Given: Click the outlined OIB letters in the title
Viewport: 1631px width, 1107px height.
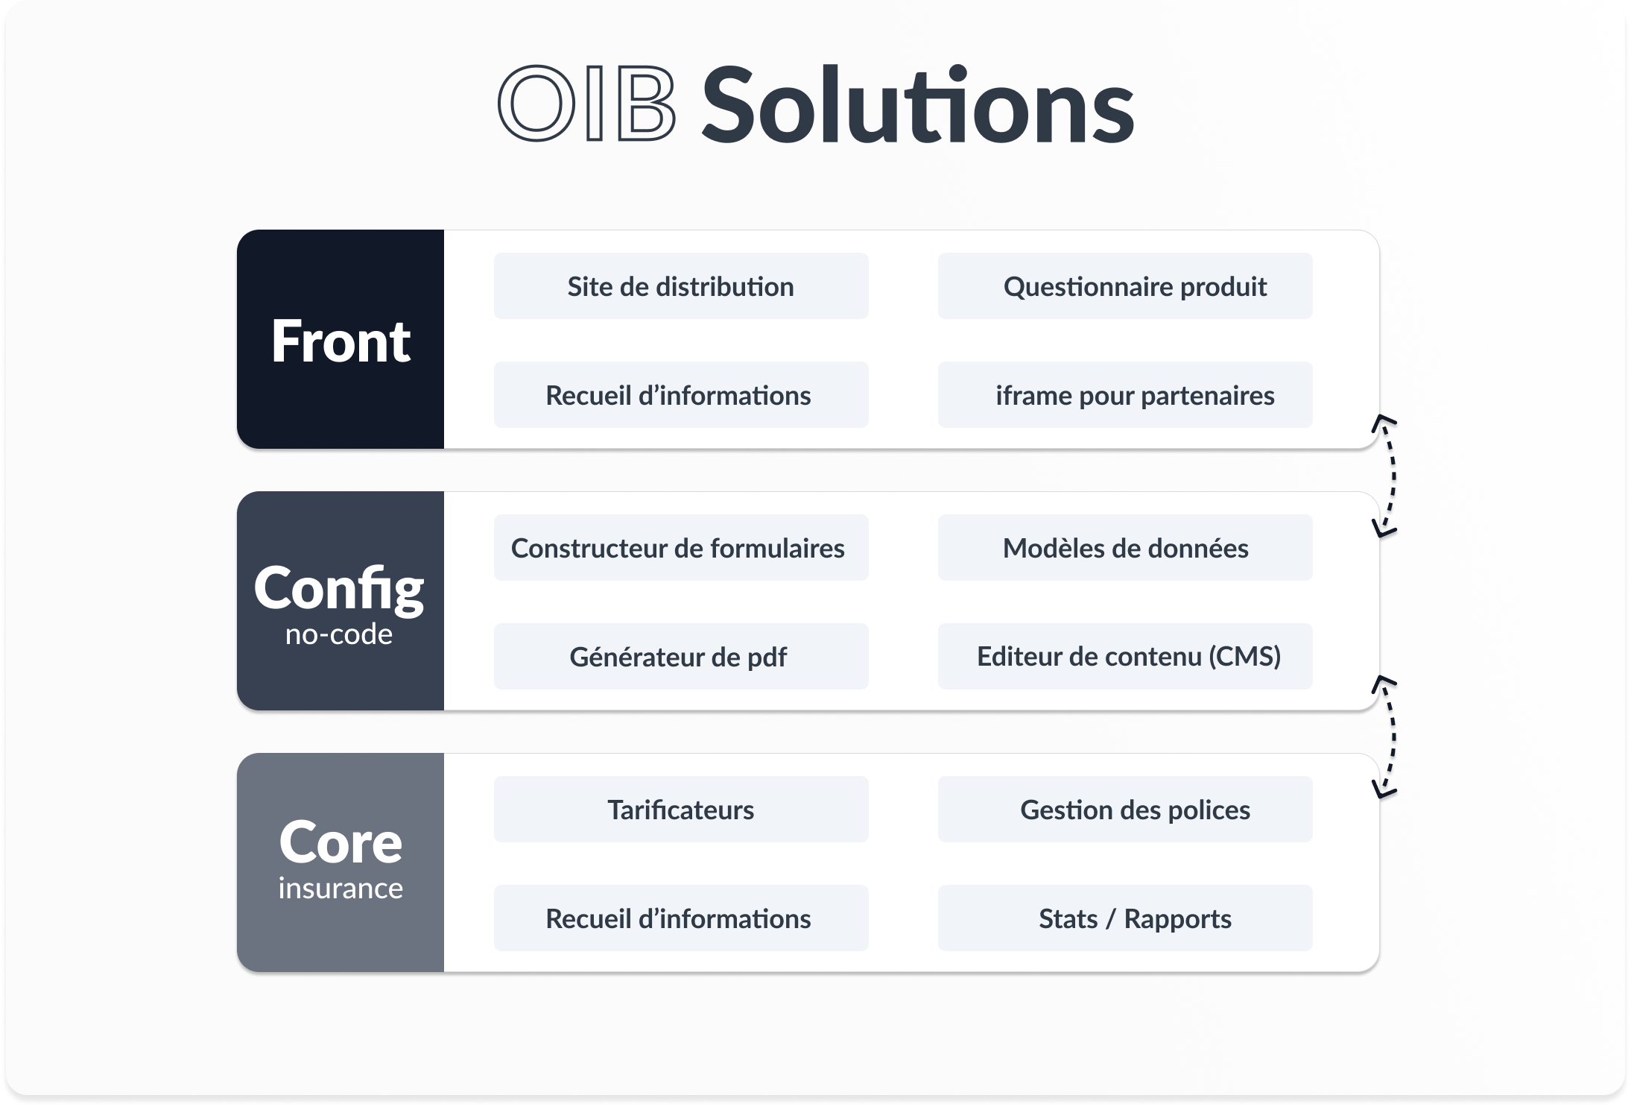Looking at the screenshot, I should coord(587,104).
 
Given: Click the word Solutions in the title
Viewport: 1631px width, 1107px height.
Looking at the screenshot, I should coord(917,106).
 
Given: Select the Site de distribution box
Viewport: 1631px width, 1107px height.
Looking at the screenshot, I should coord(680,286).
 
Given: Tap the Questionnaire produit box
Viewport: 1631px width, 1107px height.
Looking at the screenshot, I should coord(1124,286).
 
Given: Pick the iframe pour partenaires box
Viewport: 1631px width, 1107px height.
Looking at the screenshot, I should coord(1124,395).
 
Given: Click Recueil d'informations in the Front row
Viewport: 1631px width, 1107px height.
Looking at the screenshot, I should coord(680,395).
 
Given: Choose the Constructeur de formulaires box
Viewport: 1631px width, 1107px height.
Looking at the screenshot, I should coord(680,548).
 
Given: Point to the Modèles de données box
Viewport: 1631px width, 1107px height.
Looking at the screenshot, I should coord(1124,548).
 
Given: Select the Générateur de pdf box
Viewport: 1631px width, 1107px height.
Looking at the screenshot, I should coord(680,657).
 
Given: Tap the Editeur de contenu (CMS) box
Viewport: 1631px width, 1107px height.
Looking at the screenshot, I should coord(1124,657).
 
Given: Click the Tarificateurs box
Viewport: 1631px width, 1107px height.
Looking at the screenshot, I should coord(680,810).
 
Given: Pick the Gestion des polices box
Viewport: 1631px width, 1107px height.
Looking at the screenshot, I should coord(1124,810).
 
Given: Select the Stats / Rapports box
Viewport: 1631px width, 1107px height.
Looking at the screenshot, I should coord(1124,918).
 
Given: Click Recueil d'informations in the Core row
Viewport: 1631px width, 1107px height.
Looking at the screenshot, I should coord(680,918).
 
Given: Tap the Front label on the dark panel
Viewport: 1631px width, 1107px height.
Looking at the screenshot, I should coord(341,341).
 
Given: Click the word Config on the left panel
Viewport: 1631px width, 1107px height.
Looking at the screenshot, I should coord(339,588).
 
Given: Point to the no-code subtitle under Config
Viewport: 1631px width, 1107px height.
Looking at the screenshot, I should coord(339,634).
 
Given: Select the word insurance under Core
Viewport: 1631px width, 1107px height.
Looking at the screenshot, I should coord(341,889).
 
